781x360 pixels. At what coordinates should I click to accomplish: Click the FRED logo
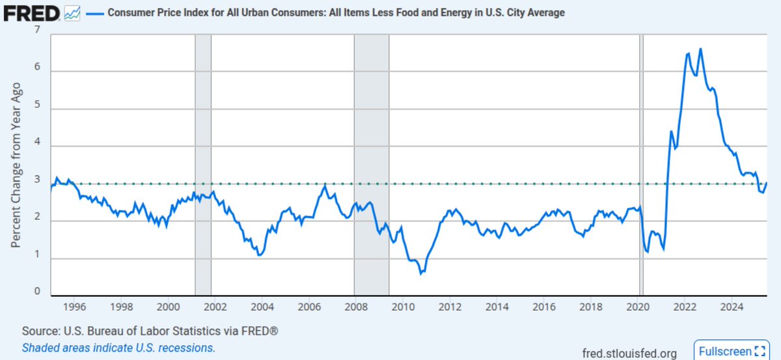pyautogui.click(x=31, y=13)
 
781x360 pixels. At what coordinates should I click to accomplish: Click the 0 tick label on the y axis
pyautogui.click(x=37, y=292)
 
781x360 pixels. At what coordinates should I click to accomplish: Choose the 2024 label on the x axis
pyautogui.click(x=732, y=307)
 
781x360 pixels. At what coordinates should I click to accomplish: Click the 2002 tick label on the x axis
pyautogui.click(x=215, y=307)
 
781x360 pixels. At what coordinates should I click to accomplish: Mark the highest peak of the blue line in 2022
pyautogui.click(x=700, y=49)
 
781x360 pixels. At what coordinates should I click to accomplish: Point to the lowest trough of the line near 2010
pyautogui.click(x=420, y=273)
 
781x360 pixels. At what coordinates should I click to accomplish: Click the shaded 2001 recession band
pyautogui.click(x=203, y=163)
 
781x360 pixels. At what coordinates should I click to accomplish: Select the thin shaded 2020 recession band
pyautogui.click(x=641, y=163)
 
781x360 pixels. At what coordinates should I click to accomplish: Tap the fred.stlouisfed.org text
pyautogui.click(x=629, y=353)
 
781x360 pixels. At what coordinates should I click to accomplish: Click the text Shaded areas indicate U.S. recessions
pyautogui.click(x=118, y=348)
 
